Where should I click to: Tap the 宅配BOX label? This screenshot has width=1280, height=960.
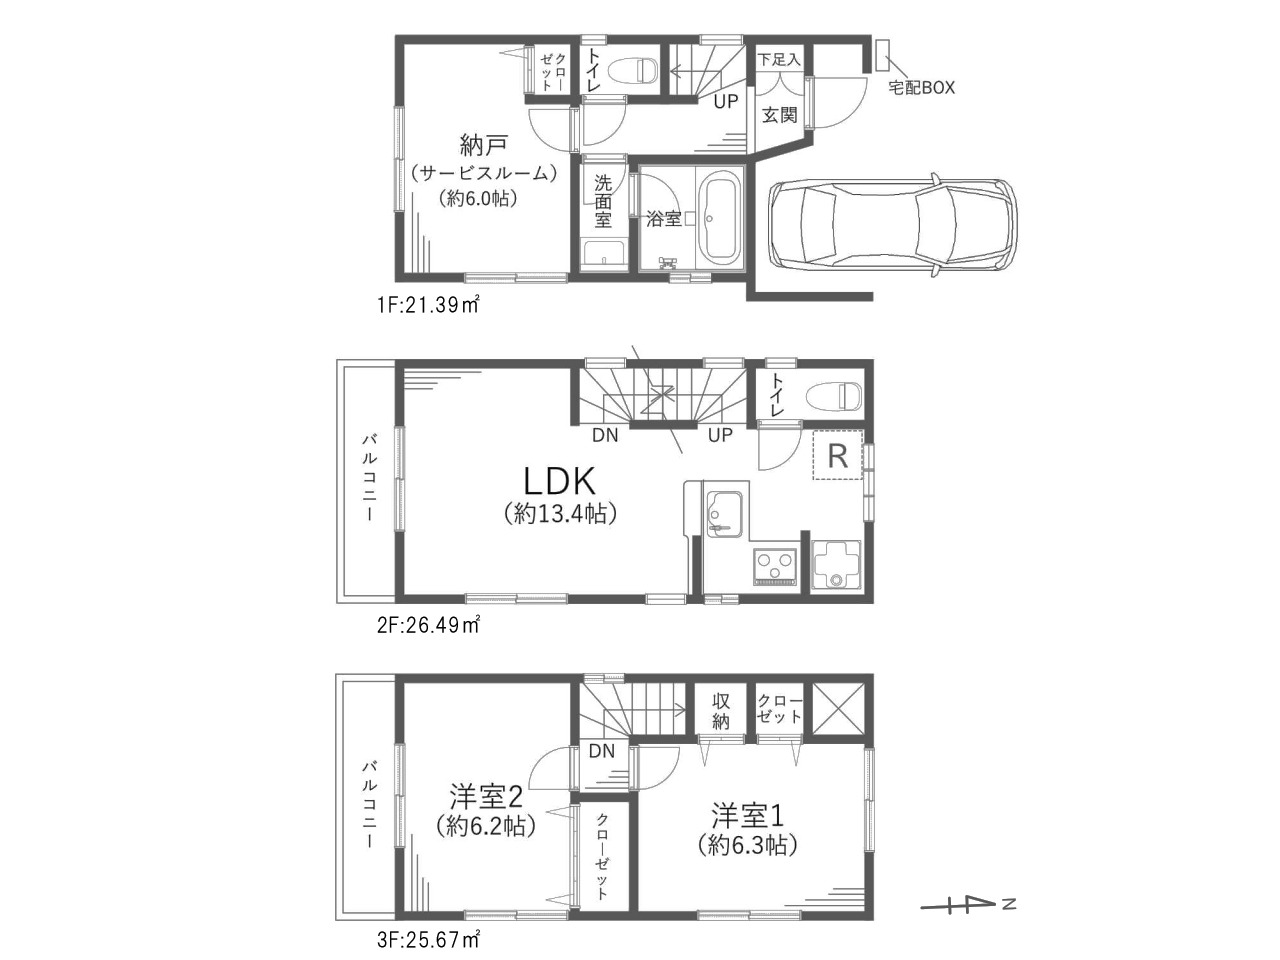coord(921,87)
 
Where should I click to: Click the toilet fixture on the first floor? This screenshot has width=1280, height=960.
coord(633,71)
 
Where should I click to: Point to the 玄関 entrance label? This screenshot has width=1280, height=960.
coord(780,115)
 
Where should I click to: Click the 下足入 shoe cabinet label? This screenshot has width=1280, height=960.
coord(779,59)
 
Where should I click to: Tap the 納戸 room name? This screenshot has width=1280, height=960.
coord(484,145)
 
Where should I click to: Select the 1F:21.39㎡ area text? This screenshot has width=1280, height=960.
coord(429,305)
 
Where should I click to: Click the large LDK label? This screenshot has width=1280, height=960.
coord(560,481)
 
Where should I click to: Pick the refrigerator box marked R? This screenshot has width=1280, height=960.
coord(837,455)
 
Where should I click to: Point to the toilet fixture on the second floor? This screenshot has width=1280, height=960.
coord(834,397)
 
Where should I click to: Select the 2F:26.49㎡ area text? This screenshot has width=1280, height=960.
coord(429,625)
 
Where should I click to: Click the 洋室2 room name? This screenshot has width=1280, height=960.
coord(486,797)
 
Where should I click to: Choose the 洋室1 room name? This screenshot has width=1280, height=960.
coord(748,815)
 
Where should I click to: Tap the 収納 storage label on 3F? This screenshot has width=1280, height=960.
coord(721,712)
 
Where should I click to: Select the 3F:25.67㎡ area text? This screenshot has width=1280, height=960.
coord(429,940)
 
